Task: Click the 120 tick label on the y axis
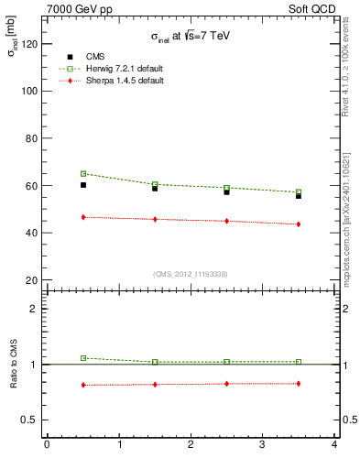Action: [28, 44]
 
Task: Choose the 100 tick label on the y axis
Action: [28, 91]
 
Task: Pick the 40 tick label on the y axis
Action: [31, 233]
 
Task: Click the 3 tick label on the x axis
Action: [263, 445]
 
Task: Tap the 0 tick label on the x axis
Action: [48, 445]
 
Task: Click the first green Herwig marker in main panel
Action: [83, 173]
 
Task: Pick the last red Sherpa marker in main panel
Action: [299, 224]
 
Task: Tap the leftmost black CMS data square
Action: [83, 185]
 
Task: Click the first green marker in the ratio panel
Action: [83, 358]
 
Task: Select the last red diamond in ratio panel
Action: [299, 383]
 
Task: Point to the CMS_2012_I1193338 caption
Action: [191, 274]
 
